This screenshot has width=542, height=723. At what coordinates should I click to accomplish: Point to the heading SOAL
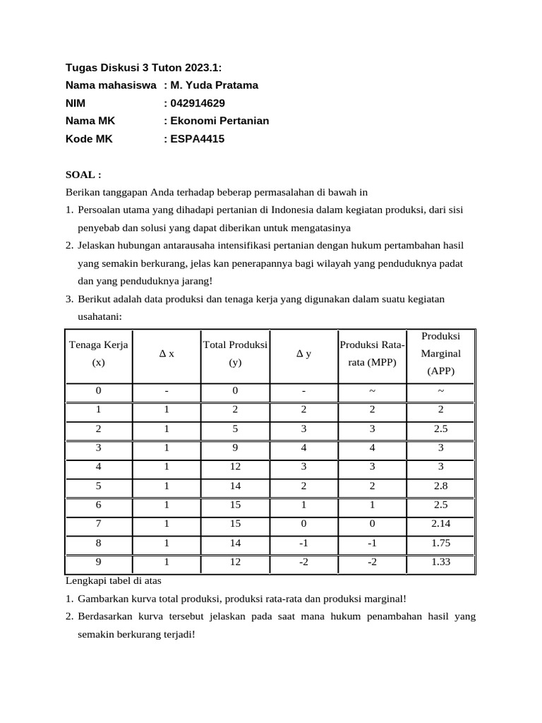click(x=83, y=174)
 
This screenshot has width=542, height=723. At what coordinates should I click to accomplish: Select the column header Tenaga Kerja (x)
click(x=98, y=353)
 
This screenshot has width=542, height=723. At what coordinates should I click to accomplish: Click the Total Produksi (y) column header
click(x=235, y=353)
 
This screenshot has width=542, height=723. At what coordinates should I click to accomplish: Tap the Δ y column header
click(x=303, y=354)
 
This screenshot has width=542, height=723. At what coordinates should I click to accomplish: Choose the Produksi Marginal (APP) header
click(x=440, y=353)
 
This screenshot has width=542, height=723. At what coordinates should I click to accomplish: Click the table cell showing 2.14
click(x=440, y=523)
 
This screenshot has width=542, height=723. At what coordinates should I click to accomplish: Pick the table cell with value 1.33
click(x=440, y=562)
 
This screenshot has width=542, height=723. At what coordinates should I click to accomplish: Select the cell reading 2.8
click(x=440, y=485)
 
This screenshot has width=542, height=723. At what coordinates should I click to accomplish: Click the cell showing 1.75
click(x=440, y=543)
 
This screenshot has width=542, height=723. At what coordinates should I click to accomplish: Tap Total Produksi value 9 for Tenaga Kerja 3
click(x=235, y=447)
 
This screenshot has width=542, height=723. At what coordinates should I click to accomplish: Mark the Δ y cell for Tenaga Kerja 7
click(x=303, y=523)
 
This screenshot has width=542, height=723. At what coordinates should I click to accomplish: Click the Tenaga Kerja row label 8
click(x=98, y=543)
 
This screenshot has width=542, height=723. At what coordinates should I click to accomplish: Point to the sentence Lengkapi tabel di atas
click(x=114, y=580)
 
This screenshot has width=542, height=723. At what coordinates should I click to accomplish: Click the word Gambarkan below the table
click(x=103, y=598)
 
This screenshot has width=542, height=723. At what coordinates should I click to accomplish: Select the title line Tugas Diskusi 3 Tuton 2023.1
click(x=143, y=68)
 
